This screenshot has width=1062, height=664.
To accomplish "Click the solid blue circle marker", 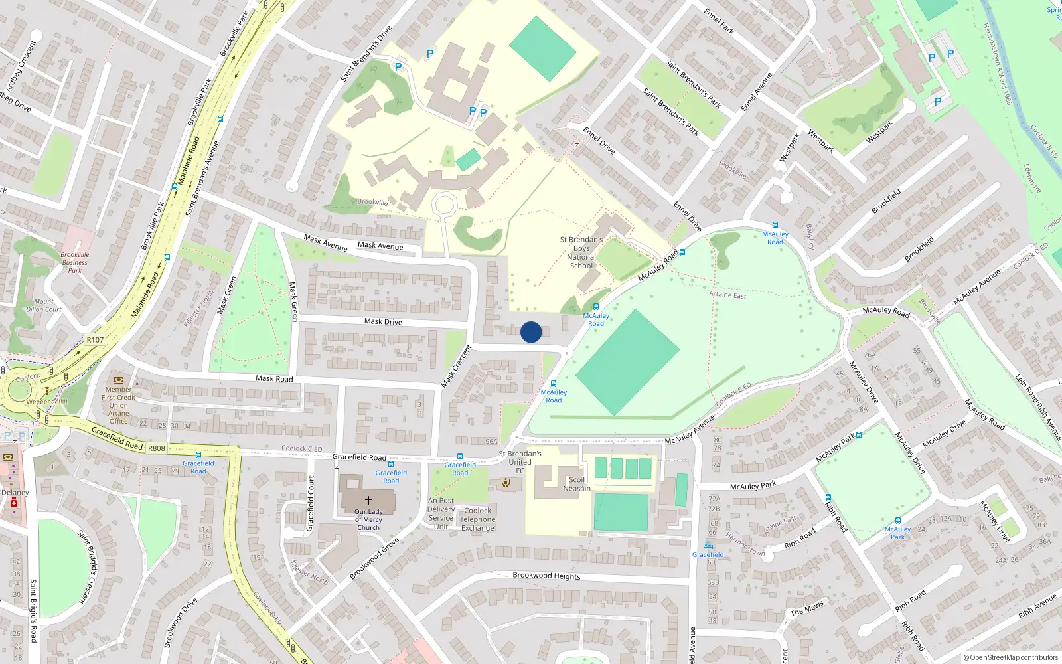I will click(x=531, y=332).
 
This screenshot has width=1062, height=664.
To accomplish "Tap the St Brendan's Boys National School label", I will click(x=581, y=253).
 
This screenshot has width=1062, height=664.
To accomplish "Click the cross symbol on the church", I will click(x=368, y=500).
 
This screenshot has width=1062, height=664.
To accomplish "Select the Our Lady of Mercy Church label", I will click(x=368, y=520).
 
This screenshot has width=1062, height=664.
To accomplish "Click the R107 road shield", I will click(x=95, y=340).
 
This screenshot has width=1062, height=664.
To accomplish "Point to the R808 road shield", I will click(x=157, y=448).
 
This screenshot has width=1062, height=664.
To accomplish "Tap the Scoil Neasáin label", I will click(x=576, y=484).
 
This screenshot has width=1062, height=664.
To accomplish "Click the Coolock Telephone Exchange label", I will click(x=478, y=520).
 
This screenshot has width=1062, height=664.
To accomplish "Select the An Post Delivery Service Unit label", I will click(x=441, y=514).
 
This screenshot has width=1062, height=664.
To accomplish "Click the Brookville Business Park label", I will click(x=75, y=262).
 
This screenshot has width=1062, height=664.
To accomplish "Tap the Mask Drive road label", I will click(x=383, y=321).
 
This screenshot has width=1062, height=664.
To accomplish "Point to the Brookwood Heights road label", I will click(x=546, y=576).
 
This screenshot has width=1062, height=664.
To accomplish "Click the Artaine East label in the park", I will click(x=727, y=295).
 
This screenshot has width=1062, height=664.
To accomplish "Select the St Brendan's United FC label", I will click(x=520, y=462).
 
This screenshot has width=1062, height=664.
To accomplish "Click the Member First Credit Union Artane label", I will click(x=119, y=405).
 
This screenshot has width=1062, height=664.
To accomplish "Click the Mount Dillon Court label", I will click(x=44, y=305).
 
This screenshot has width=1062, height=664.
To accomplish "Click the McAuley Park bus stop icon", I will click(x=898, y=521).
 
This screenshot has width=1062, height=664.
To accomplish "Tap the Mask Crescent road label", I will click(x=457, y=367).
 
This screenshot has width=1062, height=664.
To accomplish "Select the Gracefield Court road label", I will click(x=310, y=503).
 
